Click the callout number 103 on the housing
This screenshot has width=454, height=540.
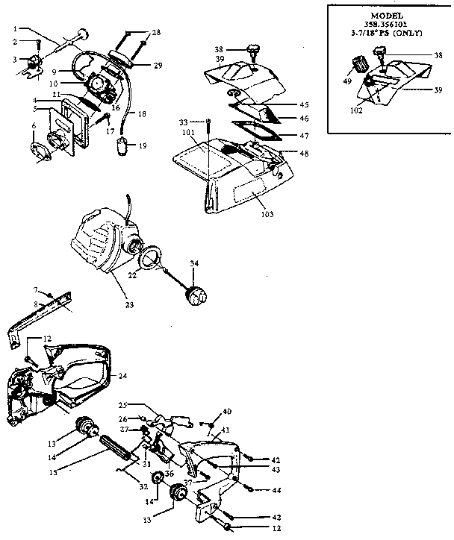point(267,215)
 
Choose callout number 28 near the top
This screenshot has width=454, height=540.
point(155,33)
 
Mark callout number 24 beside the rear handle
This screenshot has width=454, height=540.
point(123,375)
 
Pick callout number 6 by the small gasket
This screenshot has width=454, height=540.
point(34,127)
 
